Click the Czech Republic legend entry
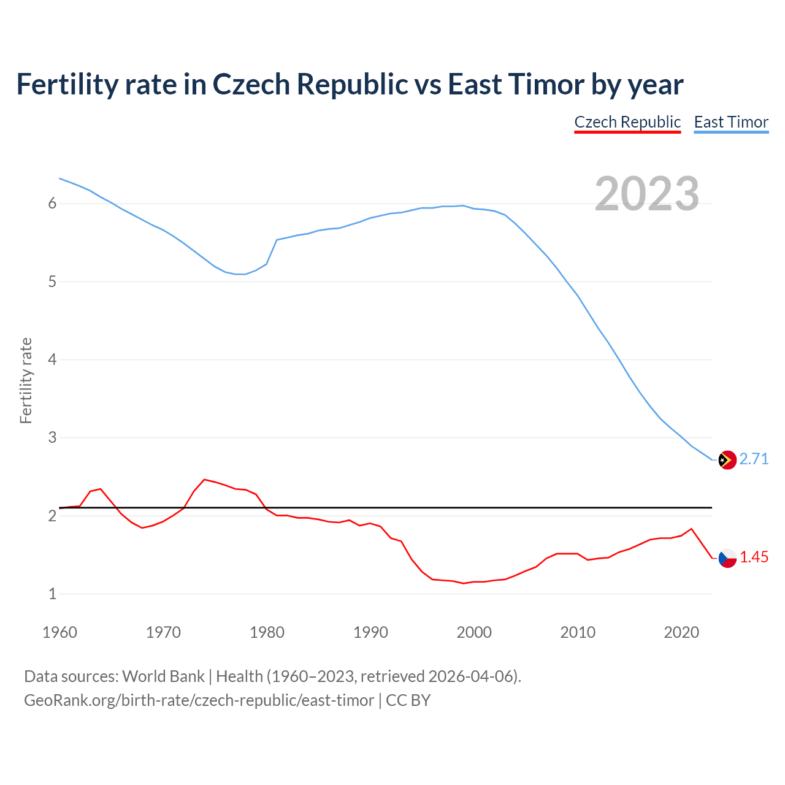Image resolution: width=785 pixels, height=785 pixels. [x=627, y=122]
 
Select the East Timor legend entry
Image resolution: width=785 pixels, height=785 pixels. [x=731, y=122]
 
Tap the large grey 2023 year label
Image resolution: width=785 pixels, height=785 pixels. [x=646, y=194]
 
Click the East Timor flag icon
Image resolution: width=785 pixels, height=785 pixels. [x=727, y=459]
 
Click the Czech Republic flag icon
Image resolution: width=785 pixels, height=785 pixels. [x=727, y=557]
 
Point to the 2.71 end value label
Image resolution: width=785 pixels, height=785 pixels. [x=754, y=459]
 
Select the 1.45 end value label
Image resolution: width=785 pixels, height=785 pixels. [x=754, y=557]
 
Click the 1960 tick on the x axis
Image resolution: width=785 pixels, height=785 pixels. [x=59, y=632]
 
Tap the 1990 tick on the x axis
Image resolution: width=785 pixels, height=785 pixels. [x=370, y=632]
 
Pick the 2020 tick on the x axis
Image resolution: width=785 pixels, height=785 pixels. [x=681, y=632]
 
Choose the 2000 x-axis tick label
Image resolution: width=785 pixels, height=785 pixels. [x=474, y=632]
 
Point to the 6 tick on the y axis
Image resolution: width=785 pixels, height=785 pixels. [x=52, y=204]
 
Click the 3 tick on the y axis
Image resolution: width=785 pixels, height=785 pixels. [x=52, y=438]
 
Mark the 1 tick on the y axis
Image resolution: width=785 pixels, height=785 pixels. [x=52, y=594]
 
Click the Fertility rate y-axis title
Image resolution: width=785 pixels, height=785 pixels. [x=26, y=380]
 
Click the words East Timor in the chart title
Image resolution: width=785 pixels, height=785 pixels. [x=515, y=85]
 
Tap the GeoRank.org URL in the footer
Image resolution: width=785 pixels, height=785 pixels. [x=199, y=700]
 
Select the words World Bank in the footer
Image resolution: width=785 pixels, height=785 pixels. [x=163, y=676]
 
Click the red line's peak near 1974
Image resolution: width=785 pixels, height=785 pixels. [x=204, y=480]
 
